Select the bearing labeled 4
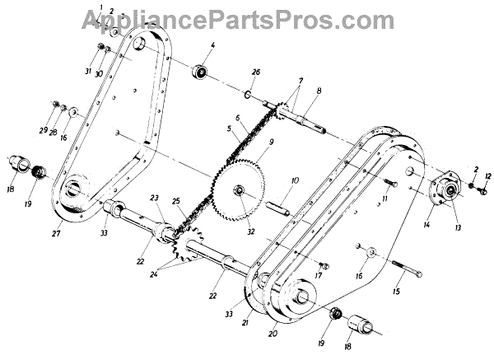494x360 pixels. pos(199,71)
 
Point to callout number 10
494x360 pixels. pos(294,180)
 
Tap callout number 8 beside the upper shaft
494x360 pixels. pos(319,93)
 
